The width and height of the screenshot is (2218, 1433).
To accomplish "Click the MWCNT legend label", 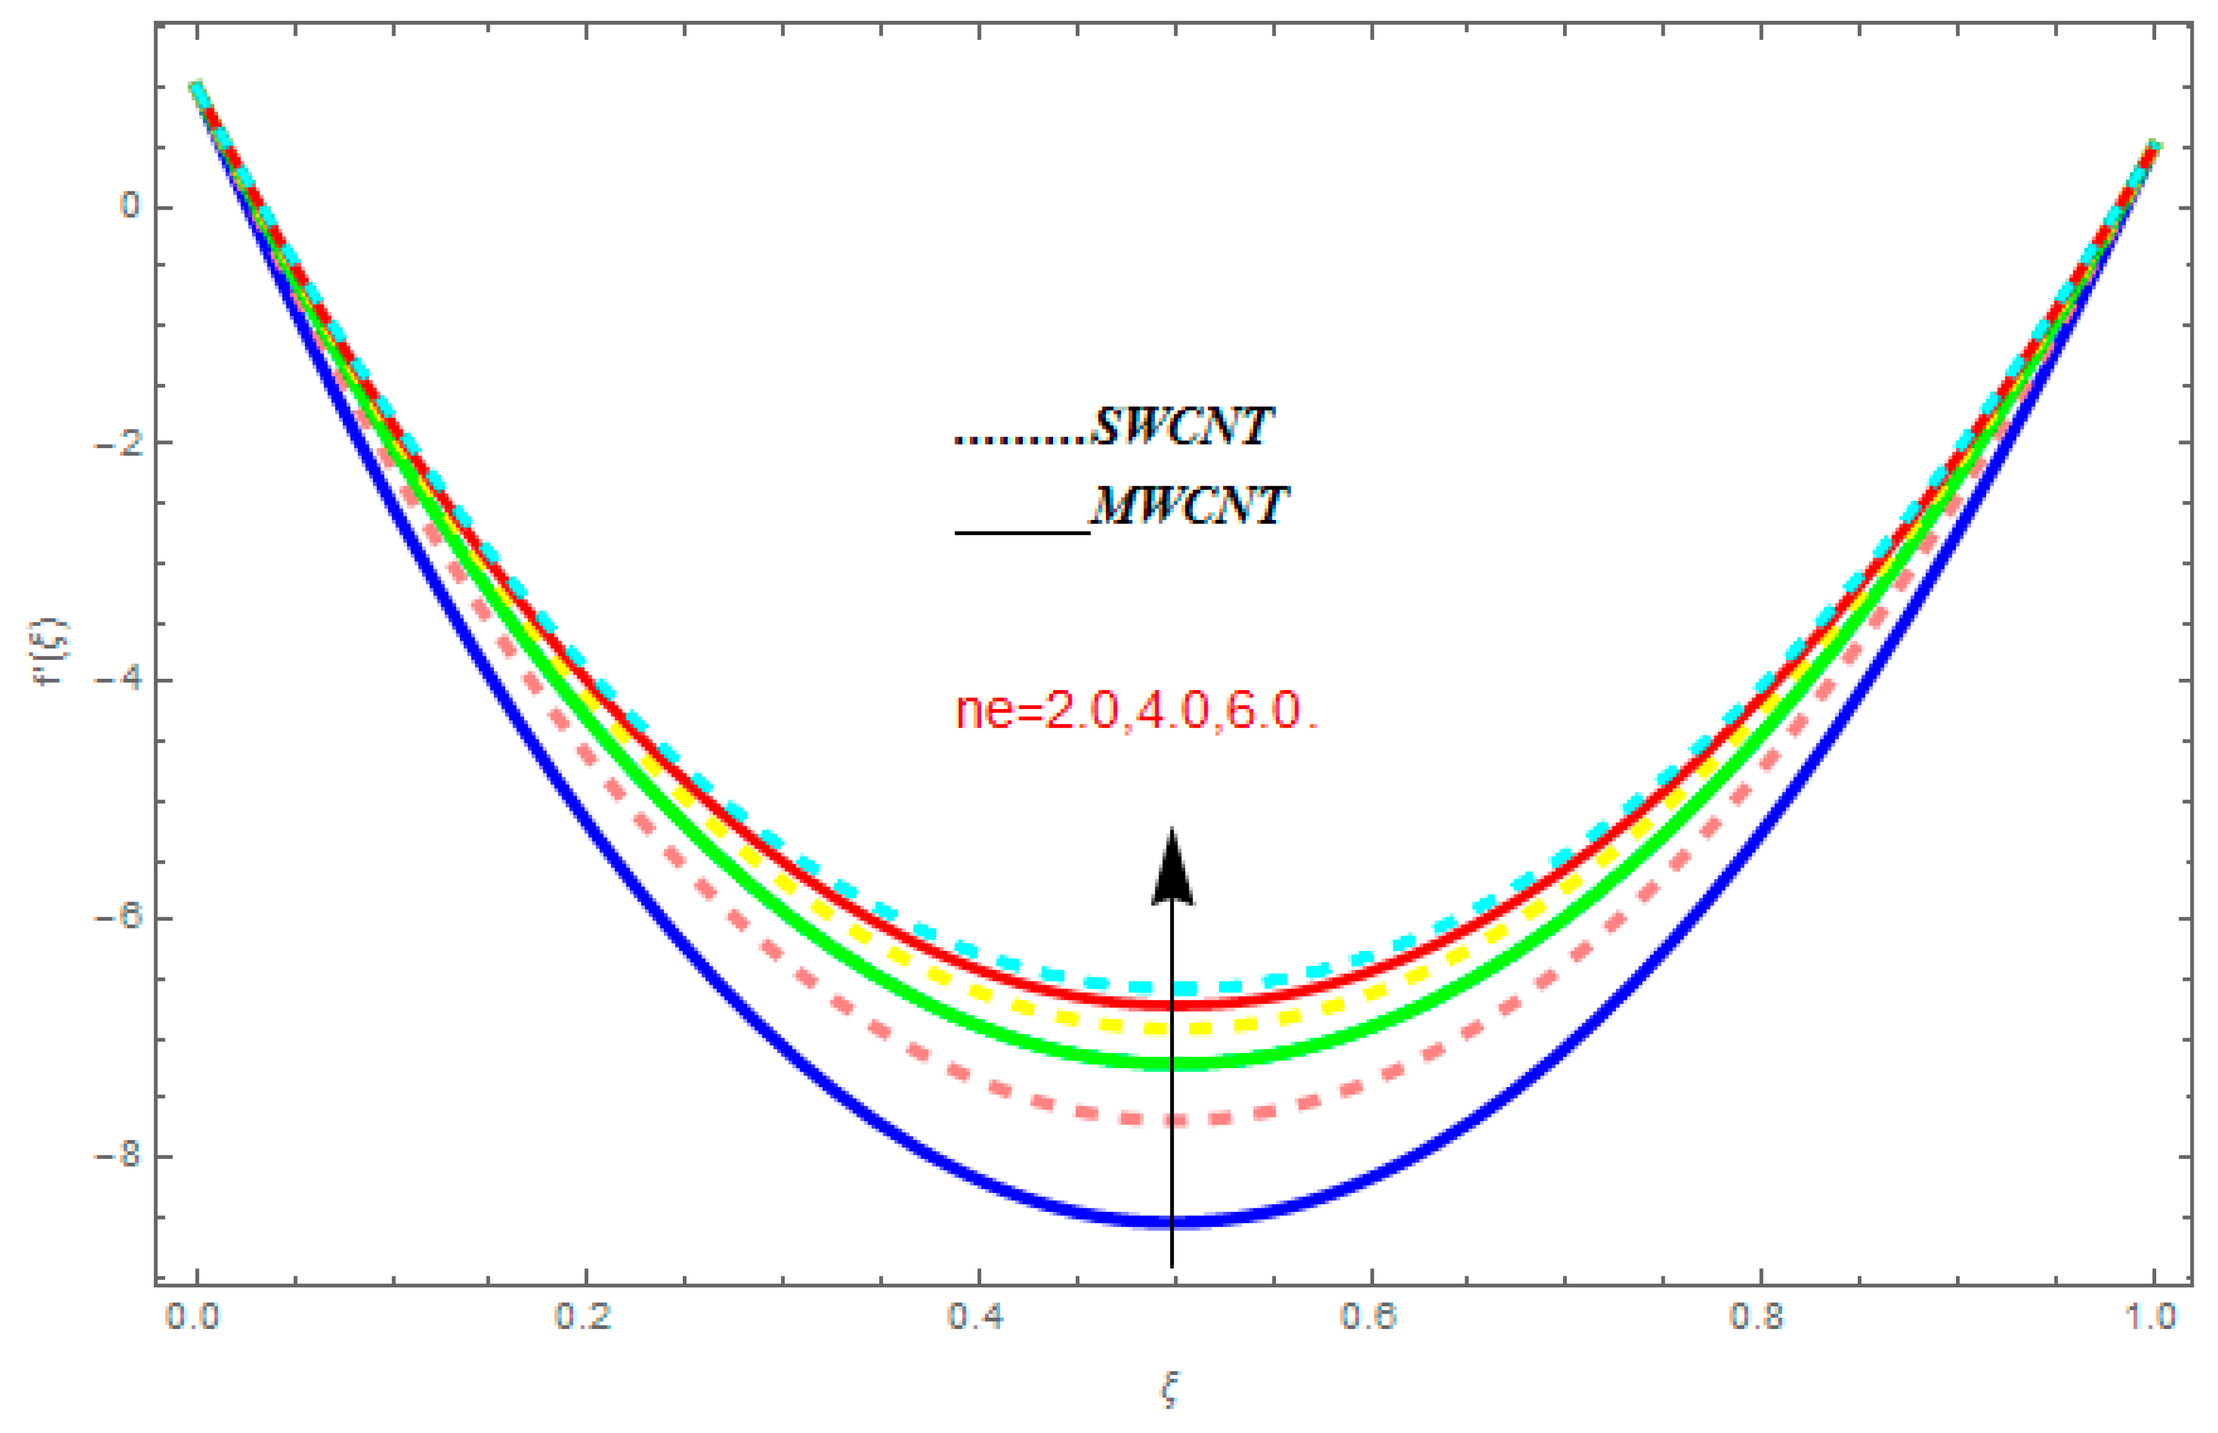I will coord(1189,507).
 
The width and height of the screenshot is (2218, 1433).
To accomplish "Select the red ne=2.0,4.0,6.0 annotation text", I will coord(1137,712).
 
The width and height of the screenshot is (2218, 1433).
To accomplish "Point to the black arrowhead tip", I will coord(1172,830).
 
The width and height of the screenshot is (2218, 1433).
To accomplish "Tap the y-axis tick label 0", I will coord(130,204).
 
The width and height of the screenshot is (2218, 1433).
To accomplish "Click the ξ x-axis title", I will coord(1170,1392).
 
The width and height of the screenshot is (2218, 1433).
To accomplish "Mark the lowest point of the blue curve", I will coord(1172,1222).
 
